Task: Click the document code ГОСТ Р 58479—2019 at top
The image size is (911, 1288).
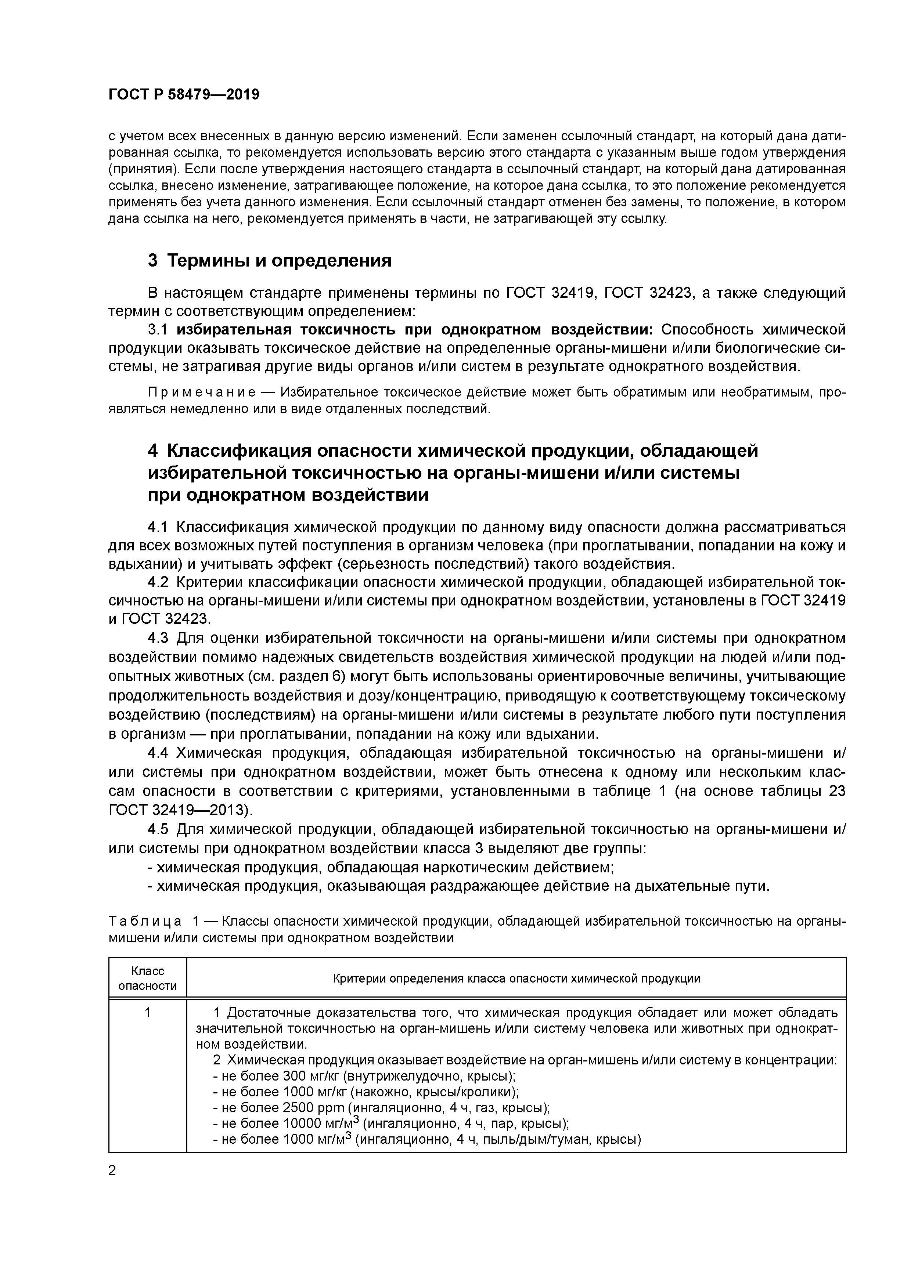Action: (184, 95)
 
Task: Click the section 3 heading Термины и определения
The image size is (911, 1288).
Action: (269, 261)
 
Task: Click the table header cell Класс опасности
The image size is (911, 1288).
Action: (148, 978)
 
